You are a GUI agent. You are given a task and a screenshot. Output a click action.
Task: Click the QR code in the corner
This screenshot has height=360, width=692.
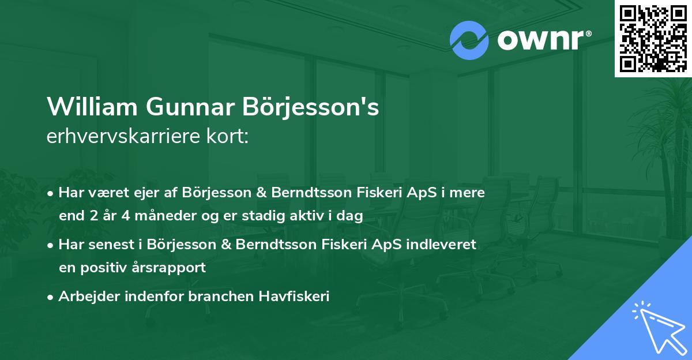[x=653, y=39]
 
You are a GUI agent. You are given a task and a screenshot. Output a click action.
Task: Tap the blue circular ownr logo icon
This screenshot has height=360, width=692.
[x=469, y=40]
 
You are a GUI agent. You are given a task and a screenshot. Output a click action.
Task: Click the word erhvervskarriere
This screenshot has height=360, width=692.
[x=117, y=137]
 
